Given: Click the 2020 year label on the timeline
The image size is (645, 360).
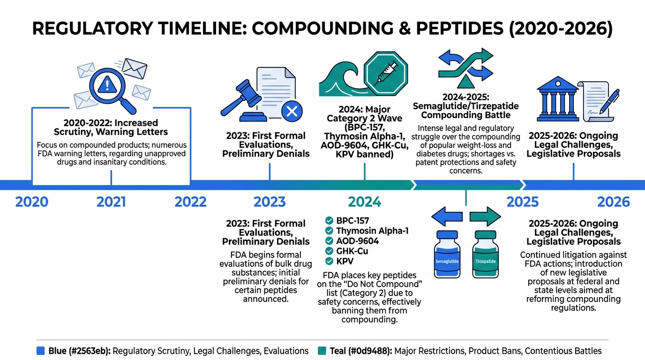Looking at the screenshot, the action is point(32,202).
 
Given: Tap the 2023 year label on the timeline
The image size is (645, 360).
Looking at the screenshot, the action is point(270,202).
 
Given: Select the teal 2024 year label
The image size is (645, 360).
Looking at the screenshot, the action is point(365,202).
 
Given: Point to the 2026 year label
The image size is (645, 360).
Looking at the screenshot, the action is point(613,202).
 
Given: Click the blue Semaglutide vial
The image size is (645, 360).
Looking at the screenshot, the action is point(447,254).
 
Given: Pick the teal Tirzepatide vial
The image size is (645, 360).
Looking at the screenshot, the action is point(486,254).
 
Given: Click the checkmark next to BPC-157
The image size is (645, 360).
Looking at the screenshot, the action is point(329,221).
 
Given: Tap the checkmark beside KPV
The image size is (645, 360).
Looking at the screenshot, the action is point(329,261).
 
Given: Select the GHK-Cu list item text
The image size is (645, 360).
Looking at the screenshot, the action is point(352,251).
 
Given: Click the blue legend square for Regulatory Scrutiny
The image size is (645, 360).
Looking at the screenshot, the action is point(41,351).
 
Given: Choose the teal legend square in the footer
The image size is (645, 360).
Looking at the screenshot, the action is point(322,351).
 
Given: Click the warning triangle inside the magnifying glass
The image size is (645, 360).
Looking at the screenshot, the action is point(107,85).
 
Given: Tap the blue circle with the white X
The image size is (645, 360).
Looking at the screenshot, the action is point(292,111).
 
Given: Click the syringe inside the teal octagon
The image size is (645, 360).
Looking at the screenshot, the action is point(386,74).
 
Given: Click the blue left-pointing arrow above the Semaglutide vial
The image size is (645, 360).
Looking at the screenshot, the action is point(447,216).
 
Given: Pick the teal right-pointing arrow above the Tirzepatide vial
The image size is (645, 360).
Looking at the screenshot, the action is point(486,216).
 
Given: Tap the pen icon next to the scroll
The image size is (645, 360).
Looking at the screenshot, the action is point(610,101).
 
